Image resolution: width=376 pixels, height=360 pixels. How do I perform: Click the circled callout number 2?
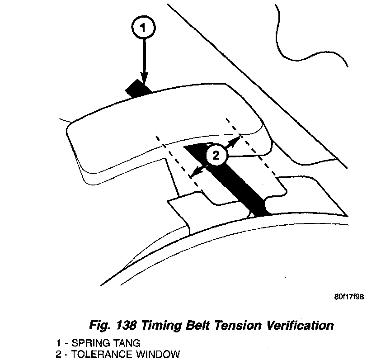(216, 156)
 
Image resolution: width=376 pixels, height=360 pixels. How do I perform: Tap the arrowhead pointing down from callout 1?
(144, 81)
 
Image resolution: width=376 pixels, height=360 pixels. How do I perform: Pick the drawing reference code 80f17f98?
(349, 297)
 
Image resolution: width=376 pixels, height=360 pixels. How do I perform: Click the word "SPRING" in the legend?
(84, 342)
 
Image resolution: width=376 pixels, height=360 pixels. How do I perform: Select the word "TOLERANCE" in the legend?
(95, 353)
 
